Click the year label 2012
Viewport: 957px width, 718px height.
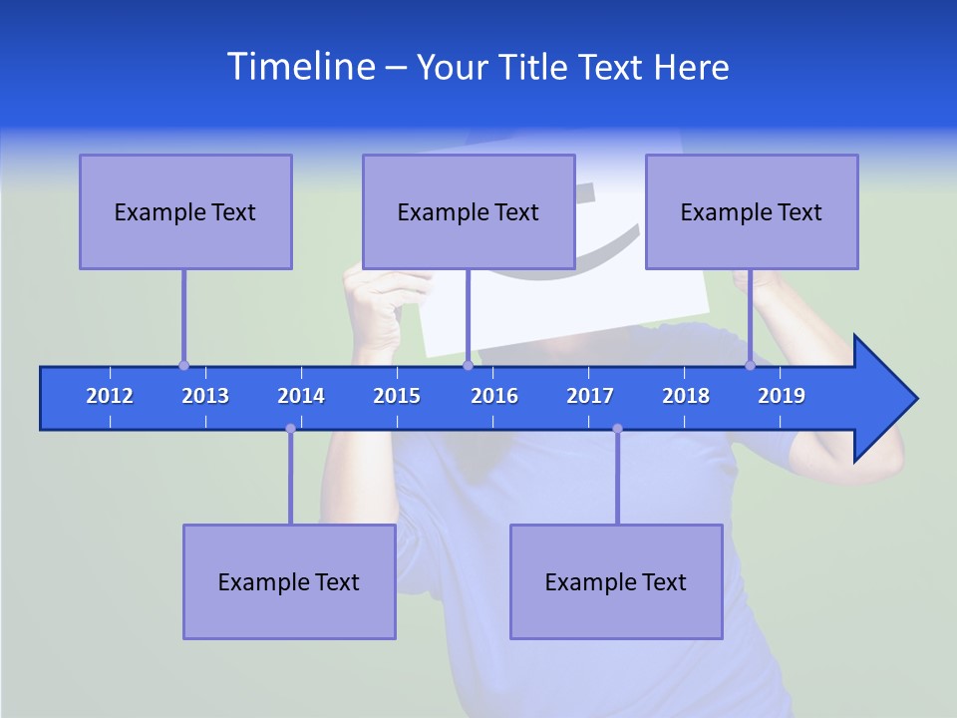pyautogui.click(x=110, y=396)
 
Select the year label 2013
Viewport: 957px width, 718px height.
pyautogui.click(x=205, y=396)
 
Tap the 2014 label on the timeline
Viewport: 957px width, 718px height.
pyautogui.click(x=301, y=396)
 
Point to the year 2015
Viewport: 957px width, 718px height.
pyautogui.click(x=397, y=396)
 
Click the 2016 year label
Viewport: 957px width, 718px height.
pyautogui.click(x=494, y=396)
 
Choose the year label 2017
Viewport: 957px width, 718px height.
pyautogui.click(x=590, y=396)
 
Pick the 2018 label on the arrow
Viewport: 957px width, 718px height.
pyautogui.click(x=686, y=396)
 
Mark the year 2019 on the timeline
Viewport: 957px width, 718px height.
pyautogui.click(x=782, y=396)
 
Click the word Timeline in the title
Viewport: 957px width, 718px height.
pyautogui.click(x=300, y=67)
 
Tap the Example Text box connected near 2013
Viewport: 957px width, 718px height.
pyautogui.click(x=185, y=211)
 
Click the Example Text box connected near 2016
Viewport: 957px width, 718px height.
pyautogui.click(x=469, y=211)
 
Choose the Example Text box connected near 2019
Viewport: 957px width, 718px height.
pyautogui.click(x=752, y=211)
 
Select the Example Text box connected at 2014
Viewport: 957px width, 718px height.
pyautogui.click(x=289, y=581)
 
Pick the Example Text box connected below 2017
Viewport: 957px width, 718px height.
pyautogui.click(x=616, y=581)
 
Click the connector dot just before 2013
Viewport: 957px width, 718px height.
pyautogui.click(x=183, y=365)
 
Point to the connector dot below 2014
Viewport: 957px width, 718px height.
pyautogui.click(x=290, y=429)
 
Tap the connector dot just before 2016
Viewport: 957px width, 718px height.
pyautogui.click(x=468, y=365)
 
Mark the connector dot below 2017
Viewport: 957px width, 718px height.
pyautogui.click(x=617, y=429)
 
